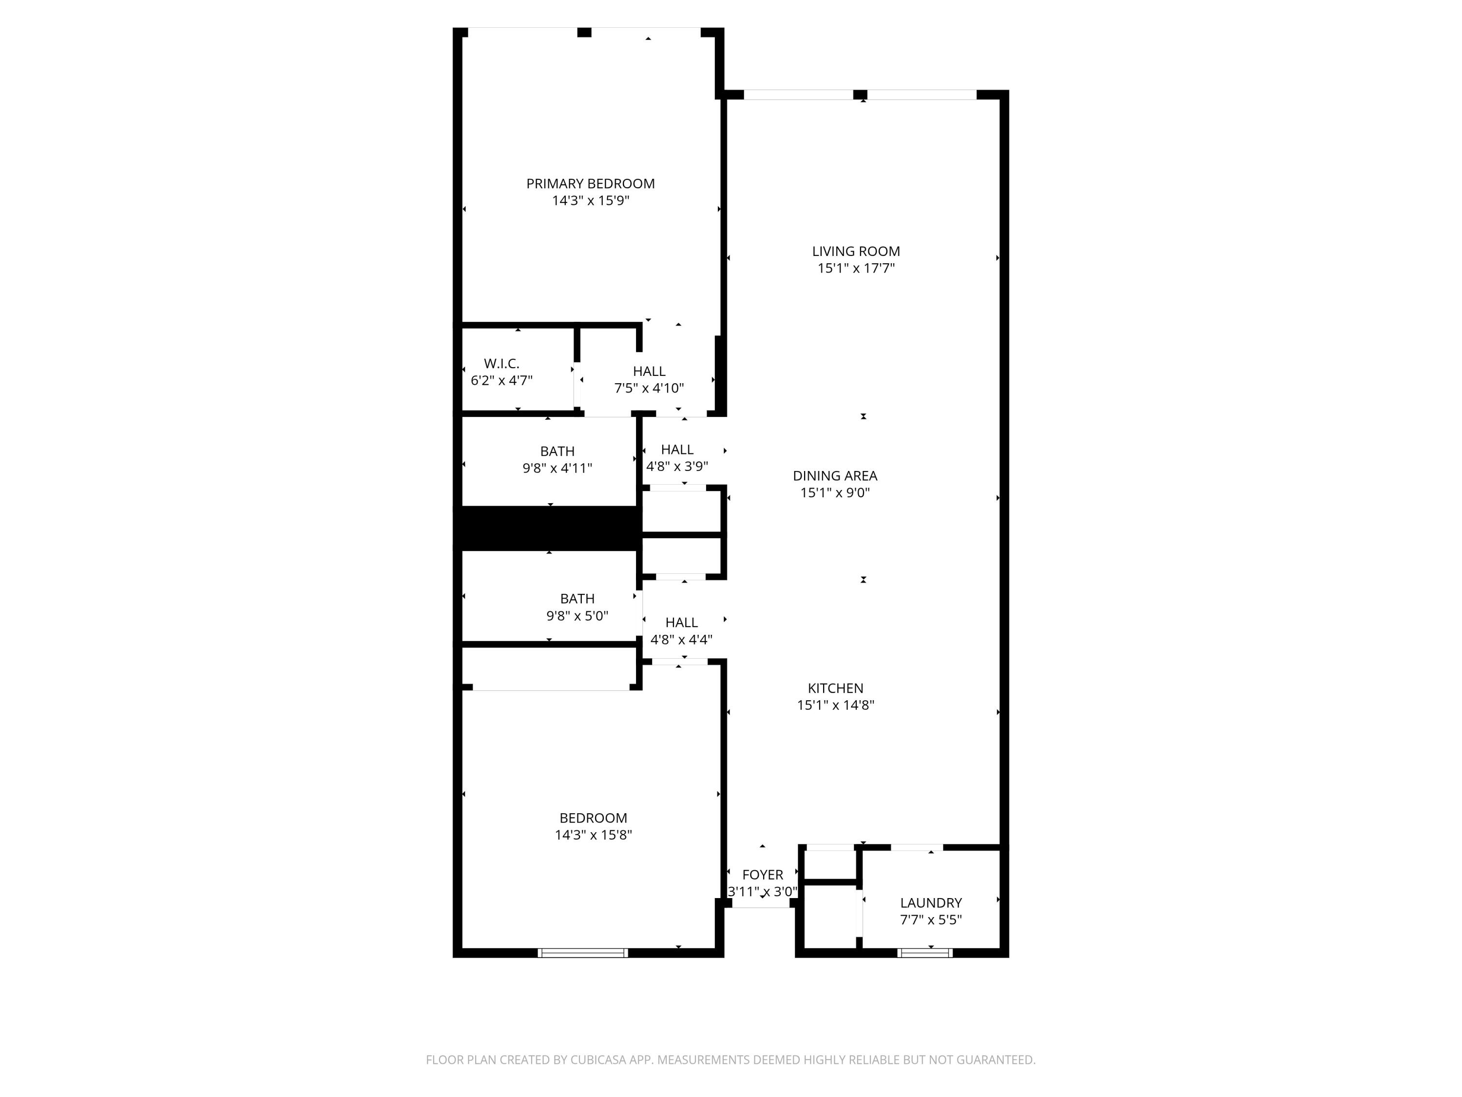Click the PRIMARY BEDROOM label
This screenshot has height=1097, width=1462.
(x=590, y=184)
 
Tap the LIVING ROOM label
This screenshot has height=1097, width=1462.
(x=856, y=251)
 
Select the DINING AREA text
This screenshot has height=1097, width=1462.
(x=835, y=475)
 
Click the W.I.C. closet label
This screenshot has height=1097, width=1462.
(x=501, y=364)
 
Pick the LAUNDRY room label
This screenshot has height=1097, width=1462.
(x=931, y=902)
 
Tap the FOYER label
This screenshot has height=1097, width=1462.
(x=762, y=875)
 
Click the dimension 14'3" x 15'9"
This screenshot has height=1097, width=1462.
(x=590, y=201)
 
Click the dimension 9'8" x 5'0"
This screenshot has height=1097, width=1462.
(x=577, y=616)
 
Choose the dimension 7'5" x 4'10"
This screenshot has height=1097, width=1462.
(x=649, y=388)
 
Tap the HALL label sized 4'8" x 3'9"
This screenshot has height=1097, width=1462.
(x=677, y=450)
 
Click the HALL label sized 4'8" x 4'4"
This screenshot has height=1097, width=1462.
(x=681, y=622)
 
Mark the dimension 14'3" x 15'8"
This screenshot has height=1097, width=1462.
(x=593, y=835)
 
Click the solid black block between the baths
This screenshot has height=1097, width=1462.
(x=549, y=528)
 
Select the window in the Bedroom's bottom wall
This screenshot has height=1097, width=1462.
(x=582, y=953)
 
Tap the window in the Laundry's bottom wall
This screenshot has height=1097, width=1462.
(x=924, y=953)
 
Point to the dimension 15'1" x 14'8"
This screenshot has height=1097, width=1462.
(x=835, y=705)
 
